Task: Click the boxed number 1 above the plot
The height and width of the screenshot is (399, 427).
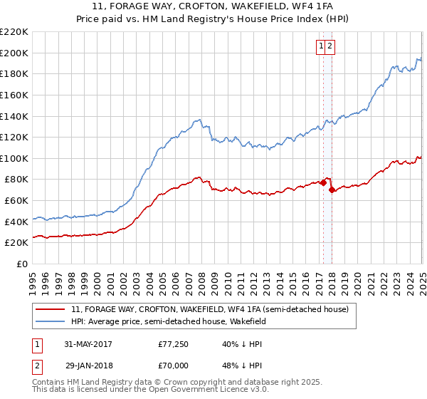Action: point(322,46)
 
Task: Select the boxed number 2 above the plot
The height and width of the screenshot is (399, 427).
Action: point(331,46)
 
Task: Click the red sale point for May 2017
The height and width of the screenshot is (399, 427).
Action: point(324,182)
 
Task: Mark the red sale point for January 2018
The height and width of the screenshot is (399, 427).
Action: point(332,190)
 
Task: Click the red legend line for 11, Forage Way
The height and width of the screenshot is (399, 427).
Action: point(51,310)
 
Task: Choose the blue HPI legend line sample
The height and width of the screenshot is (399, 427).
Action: point(51,322)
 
